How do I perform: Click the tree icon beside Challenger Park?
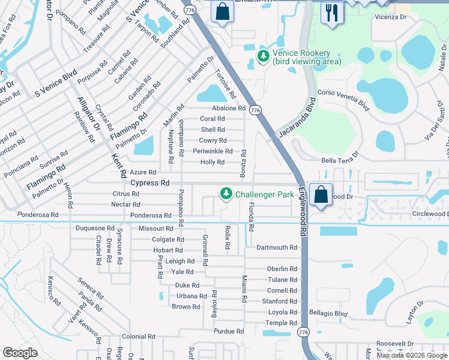point(226,194)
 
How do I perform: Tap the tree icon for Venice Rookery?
point(263,56)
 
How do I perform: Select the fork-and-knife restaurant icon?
point(331,12)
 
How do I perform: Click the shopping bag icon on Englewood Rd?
point(321,195)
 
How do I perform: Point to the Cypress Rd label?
point(150,182)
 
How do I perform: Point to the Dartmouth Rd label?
point(277,247)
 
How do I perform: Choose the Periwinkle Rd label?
point(212,151)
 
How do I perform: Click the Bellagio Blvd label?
point(328,313)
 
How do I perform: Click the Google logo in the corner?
point(20,353)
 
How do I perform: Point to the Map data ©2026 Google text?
point(411,355)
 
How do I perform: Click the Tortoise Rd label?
point(225,84)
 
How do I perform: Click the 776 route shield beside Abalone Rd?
point(255,110)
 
